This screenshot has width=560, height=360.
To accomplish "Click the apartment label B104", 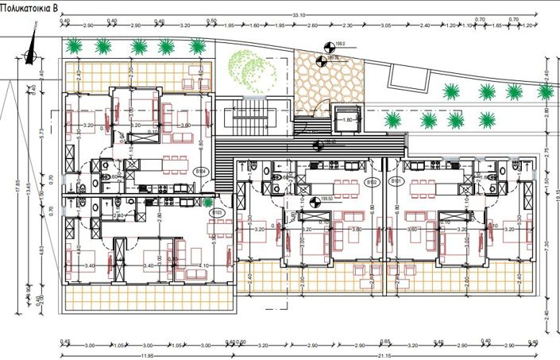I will click(201, 170).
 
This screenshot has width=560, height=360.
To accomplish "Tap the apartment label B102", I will click(372, 181).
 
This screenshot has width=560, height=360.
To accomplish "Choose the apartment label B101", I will click(395, 181).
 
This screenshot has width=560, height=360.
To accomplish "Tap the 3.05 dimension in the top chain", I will click(385, 26).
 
